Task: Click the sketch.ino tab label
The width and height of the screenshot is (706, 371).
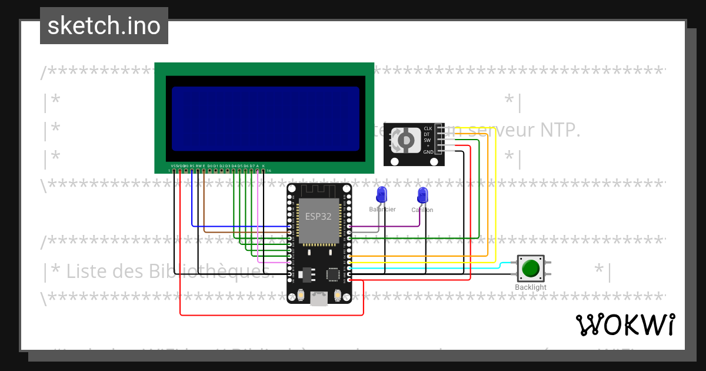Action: click(x=104, y=26)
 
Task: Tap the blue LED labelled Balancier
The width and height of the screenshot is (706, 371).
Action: click(x=382, y=194)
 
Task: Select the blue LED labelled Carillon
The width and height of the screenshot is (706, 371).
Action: click(x=422, y=195)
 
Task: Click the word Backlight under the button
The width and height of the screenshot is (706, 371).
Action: click(x=531, y=287)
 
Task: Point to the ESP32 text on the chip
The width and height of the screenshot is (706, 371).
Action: click(x=318, y=216)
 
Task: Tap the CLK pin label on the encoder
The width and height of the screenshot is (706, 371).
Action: click(x=428, y=128)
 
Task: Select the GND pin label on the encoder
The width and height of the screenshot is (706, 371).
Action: click(x=428, y=152)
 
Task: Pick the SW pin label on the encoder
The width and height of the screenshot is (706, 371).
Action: click(x=428, y=140)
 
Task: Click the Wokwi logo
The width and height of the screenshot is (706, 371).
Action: click(x=625, y=324)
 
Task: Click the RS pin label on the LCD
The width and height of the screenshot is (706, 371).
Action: click(x=192, y=166)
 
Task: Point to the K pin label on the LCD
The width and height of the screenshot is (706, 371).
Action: click(x=263, y=166)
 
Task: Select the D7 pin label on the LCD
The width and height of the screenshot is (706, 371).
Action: click(x=252, y=166)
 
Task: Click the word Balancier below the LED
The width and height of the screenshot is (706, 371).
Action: click(x=382, y=210)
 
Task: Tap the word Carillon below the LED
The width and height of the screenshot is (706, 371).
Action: click(x=422, y=210)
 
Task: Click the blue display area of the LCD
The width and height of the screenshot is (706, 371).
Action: click(x=265, y=118)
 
